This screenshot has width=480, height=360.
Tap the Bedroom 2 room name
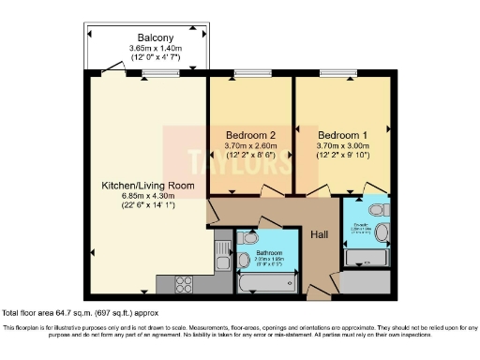pos(249,133)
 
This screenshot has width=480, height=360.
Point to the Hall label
pos(320,234)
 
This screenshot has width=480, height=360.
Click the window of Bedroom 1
pos(338,73)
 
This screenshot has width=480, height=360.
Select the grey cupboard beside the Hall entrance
pos(362,280)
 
